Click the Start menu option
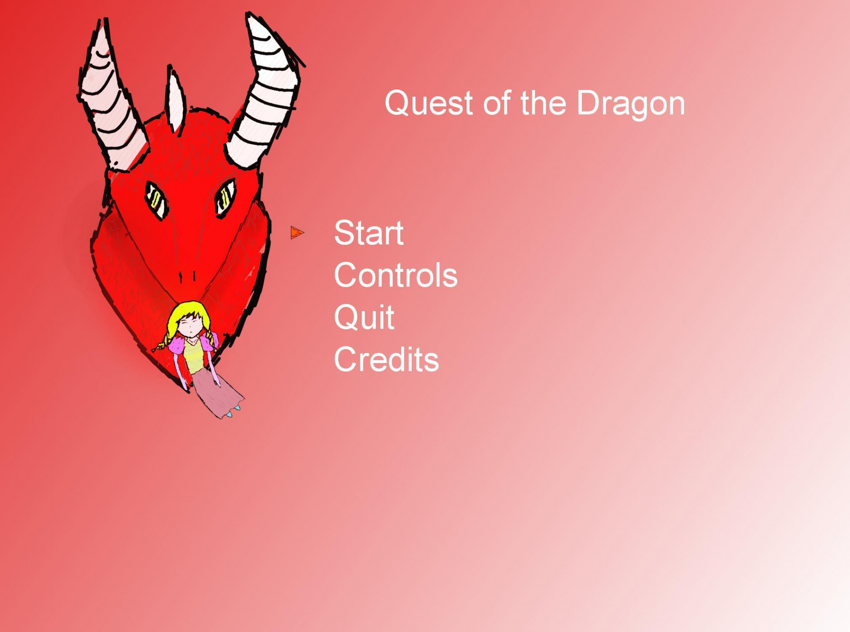368,233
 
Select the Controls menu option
395,275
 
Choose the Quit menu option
364,318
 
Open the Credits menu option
386,360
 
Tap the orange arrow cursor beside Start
297,233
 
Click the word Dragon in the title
630,103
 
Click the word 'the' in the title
543,103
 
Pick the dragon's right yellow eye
225,198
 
